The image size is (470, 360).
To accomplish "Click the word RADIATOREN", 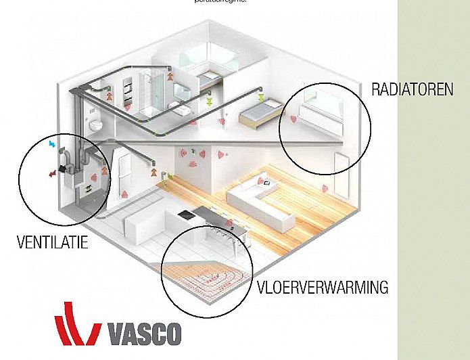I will pyautogui.click(x=412, y=89).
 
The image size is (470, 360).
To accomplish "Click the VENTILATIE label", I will pyautogui.click(x=52, y=242).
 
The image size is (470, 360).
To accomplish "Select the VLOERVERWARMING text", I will pyautogui.click(x=323, y=287).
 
